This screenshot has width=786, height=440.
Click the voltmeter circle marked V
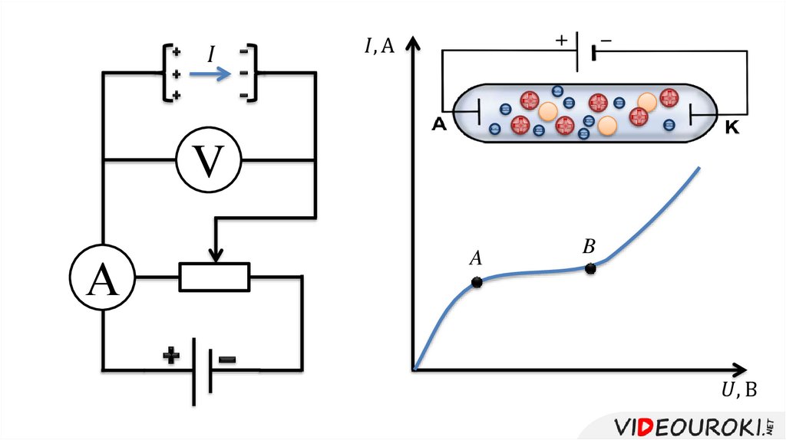[208, 159]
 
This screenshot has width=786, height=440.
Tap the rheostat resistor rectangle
[214, 277]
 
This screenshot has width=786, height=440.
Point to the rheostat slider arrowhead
[216, 255]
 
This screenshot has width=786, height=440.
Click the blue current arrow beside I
[210, 74]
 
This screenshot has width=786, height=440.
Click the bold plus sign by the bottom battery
[170, 356]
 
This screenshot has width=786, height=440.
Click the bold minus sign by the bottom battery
[227, 359]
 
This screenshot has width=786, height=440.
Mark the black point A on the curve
[477, 282]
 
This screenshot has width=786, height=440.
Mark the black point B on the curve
[590, 268]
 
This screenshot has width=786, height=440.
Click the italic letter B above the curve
[589, 247]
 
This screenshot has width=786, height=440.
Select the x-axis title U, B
[738, 390]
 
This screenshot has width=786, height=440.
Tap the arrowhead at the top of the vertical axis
[414, 41]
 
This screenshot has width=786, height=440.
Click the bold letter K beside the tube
[732, 128]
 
